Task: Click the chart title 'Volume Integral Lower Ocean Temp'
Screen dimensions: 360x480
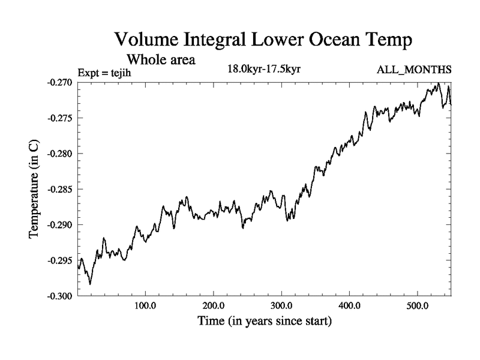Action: pyautogui.click(x=264, y=40)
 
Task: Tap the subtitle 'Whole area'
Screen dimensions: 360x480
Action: pyautogui.click(x=161, y=60)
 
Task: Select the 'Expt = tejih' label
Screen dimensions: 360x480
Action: pyautogui.click(x=104, y=73)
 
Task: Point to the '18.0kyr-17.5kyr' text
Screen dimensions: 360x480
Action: pyautogui.click(x=263, y=68)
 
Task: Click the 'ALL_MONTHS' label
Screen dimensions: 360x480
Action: pyautogui.click(x=414, y=70)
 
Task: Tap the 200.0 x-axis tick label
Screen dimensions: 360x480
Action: pyautogui.click(x=214, y=306)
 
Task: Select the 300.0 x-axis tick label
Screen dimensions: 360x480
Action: pyautogui.click(x=281, y=306)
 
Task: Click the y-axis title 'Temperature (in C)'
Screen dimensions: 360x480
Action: pyautogui.click(x=34, y=189)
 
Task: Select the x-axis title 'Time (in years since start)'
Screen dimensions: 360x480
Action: pyautogui.click(x=265, y=321)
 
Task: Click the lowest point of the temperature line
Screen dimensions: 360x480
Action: pyautogui.click(x=90, y=284)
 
